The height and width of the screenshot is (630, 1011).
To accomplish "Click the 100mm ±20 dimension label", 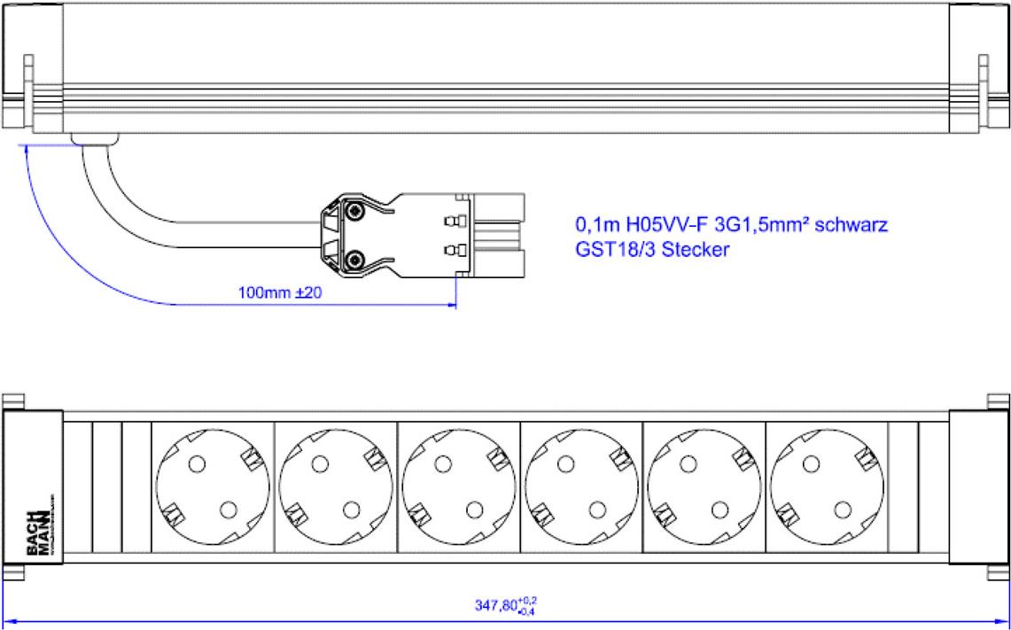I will [x=280, y=292].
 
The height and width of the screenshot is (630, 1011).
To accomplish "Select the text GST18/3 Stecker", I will [x=652, y=250].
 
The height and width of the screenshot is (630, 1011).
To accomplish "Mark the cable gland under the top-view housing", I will [x=96, y=138].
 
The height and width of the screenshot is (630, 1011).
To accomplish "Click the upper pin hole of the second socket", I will [x=320, y=463].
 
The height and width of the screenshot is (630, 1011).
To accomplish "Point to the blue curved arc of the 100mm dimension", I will [x=53, y=239].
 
